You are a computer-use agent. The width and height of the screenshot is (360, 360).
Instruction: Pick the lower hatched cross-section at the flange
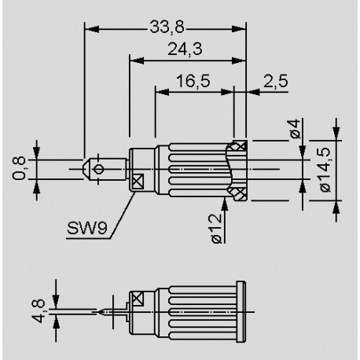[238, 191]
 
